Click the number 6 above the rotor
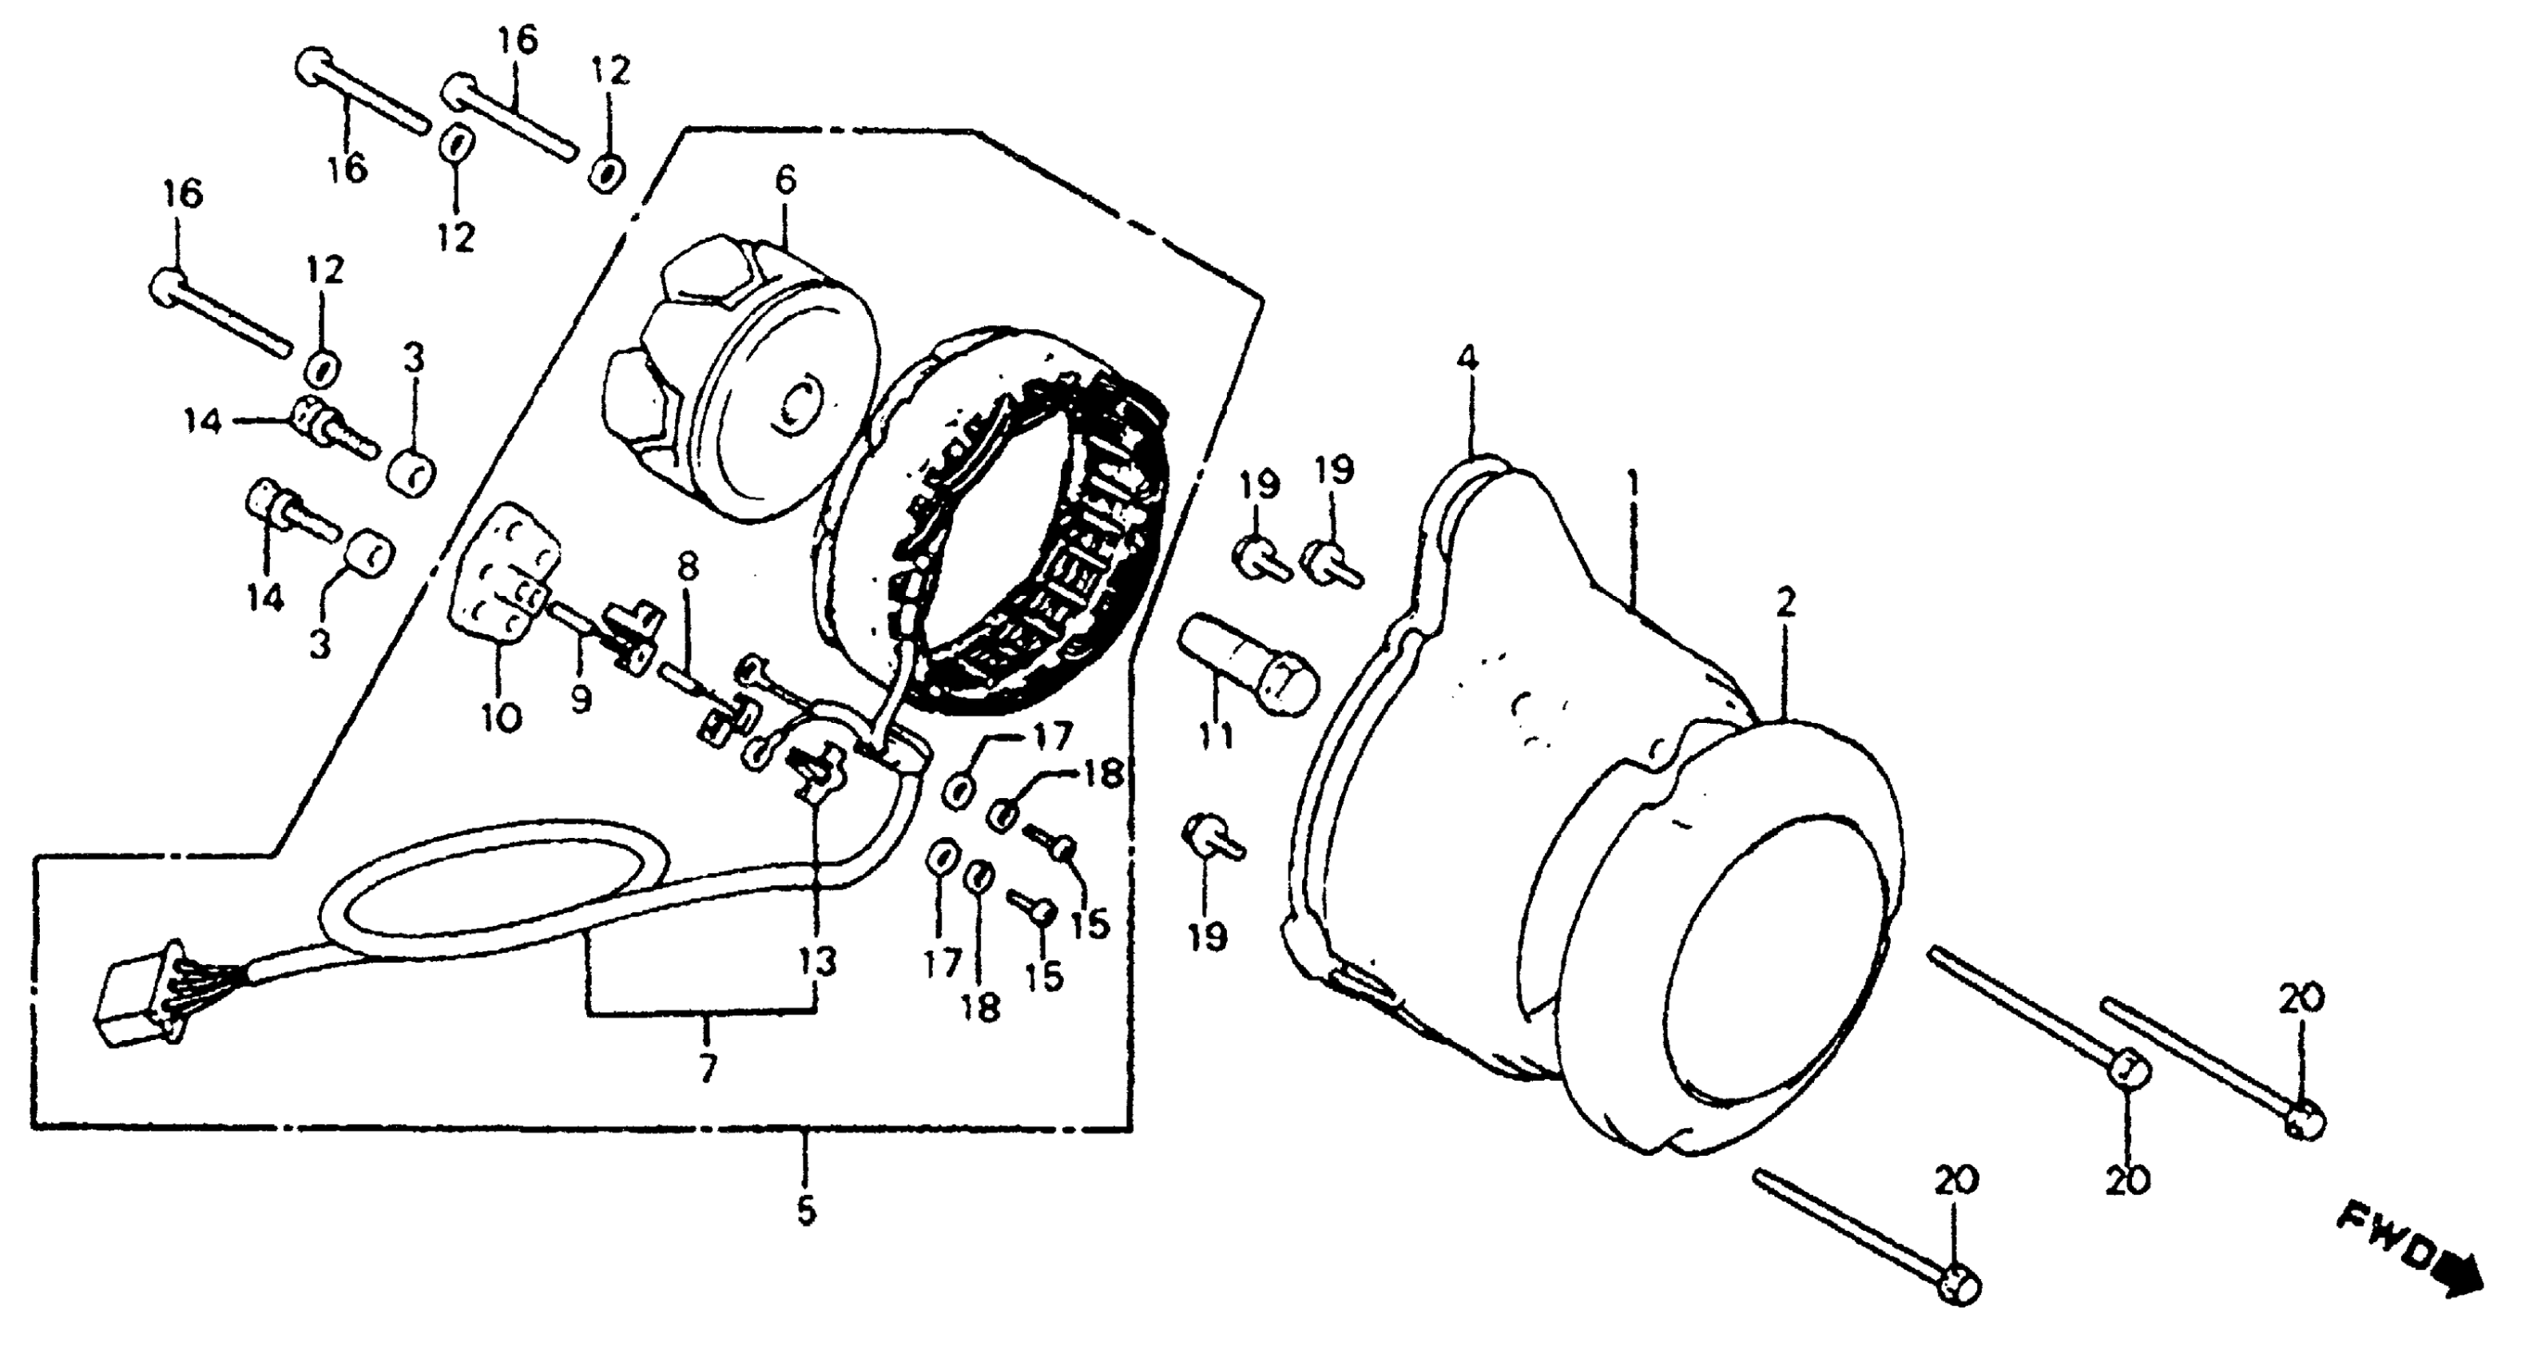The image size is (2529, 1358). click(x=785, y=180)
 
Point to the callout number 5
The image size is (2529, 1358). click(x=805, y=1211)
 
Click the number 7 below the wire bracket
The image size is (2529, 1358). click(x=708, y=1066)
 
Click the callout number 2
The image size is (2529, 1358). click(x=1785, y=602)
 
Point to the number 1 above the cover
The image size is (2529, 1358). click(x=1633, y=484)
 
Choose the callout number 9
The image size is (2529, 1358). click(x=582, y=699)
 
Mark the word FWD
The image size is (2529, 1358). click(x=2386, y=1239)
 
